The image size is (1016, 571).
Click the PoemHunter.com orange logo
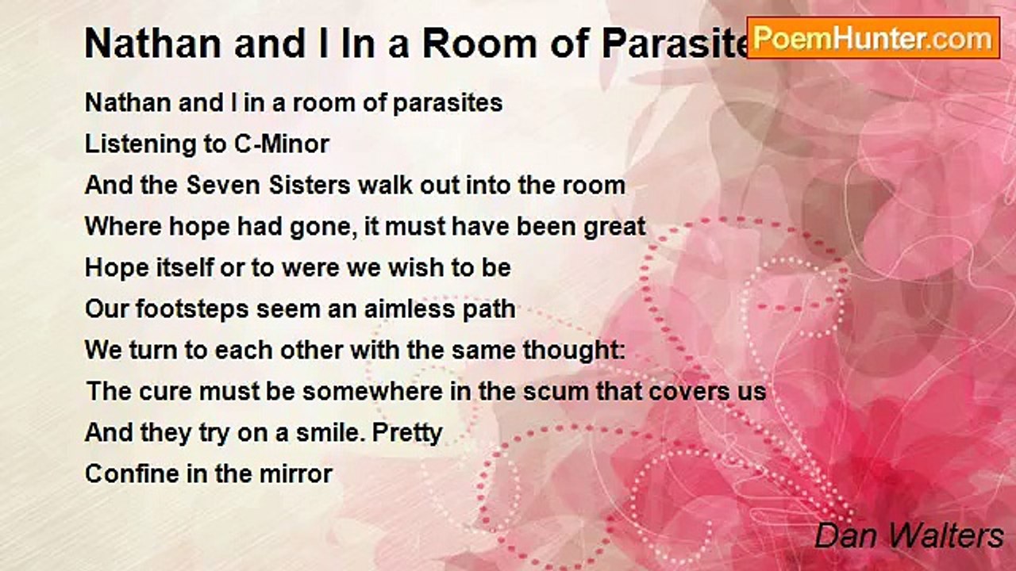click(873, 38)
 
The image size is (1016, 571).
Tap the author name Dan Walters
click(909, 536)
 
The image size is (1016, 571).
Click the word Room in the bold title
click(480, 44)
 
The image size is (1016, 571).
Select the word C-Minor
click(282, 144)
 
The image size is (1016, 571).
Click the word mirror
click(296, 474)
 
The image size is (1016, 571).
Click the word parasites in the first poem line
click(447, 104)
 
